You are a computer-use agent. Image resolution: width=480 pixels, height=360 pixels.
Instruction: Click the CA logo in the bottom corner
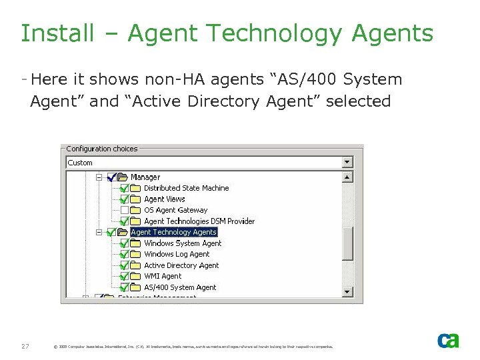click(448, 340)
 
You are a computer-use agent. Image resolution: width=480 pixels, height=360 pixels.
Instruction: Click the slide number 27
click(25, 346)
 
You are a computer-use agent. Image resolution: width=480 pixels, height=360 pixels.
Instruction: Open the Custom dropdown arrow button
click(347, 162)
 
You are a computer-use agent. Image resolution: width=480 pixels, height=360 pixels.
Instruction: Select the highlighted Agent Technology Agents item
click(173, 232)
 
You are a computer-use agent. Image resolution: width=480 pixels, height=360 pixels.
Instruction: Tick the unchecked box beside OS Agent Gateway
click(125, 210)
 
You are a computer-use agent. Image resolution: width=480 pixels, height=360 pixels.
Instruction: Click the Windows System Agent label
click(183, 243)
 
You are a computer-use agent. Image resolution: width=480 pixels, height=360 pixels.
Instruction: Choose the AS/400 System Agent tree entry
click(180, 287)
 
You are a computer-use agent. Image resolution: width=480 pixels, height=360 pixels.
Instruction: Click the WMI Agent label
click(163, 276)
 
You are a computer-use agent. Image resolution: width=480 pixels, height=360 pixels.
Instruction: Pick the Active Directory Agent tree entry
click(181, 265)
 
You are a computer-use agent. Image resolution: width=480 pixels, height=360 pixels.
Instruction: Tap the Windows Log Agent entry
click(177, 254)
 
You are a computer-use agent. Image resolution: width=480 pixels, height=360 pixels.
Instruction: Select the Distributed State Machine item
click(186, 188)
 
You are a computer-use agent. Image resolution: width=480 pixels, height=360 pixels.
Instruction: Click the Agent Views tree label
click(165, 199)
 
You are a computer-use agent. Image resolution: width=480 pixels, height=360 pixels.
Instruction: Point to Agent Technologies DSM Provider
click(199, 221)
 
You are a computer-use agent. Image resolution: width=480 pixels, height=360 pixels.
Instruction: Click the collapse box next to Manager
click(99, 177)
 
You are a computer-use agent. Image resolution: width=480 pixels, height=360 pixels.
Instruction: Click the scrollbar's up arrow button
click(347, 177)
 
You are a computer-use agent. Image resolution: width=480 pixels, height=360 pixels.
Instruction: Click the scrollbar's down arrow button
click(347, 291)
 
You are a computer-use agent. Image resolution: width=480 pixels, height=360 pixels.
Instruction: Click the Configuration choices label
click(101, 149)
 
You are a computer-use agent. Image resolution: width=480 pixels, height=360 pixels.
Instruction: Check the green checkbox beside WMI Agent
click(125, 276)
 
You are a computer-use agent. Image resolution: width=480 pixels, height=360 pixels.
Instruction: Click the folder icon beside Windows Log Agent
click(136, 255)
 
